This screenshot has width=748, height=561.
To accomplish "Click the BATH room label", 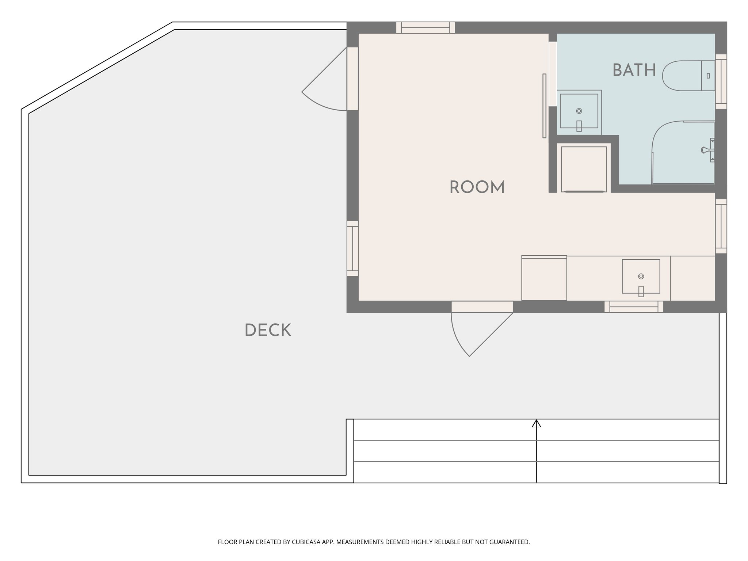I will [x=634, y=70].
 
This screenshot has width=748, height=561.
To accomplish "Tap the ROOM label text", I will [x=477, y=187].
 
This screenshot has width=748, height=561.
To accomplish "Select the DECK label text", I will [x=268, y=330].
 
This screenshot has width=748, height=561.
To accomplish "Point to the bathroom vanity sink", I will [x=579, y=111].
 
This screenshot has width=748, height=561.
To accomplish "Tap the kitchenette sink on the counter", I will [x=641, y=276].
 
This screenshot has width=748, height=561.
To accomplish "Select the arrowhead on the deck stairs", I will [x=536, y=424].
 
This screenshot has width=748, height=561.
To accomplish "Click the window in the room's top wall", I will [x=425, y=28].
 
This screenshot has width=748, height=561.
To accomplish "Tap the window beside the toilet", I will [x=721, y=81].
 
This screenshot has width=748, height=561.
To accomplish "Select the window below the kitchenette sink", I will [x=634, y=307].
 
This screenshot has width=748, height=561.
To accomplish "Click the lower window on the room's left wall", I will [x=352, y=248].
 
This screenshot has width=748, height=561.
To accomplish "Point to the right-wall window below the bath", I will [x=721, y=226].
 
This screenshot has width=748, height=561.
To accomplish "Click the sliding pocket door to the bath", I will [x=544, y=106].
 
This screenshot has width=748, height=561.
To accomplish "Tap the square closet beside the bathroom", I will [x=584, y=169].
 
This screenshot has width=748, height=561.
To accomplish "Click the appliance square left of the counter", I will [x=544, y=278].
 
